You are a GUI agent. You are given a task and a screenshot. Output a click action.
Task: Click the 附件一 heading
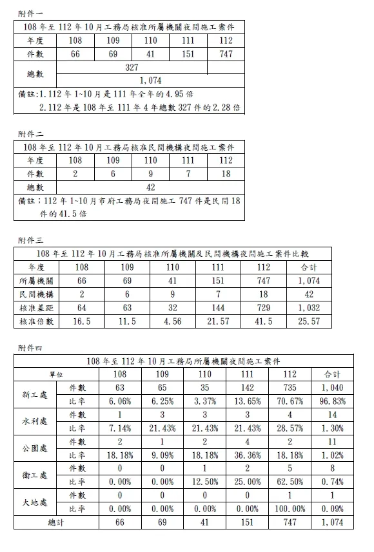[30, 12]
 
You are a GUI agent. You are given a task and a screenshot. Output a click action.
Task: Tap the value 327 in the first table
[132, 68]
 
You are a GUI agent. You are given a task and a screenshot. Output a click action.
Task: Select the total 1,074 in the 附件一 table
[150, 81]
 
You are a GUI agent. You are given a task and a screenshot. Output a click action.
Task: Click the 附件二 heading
[30, 134]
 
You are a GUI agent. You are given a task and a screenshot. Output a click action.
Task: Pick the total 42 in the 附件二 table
[150, 187]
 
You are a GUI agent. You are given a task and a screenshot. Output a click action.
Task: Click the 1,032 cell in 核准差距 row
[309, 308]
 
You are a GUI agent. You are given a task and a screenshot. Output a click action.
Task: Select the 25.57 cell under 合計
[309, 321]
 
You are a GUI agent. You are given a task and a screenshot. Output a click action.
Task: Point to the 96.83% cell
[332, 401]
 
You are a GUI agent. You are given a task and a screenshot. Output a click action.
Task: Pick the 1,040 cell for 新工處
[332, 388]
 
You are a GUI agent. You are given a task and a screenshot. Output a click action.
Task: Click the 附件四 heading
[30, 348]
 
